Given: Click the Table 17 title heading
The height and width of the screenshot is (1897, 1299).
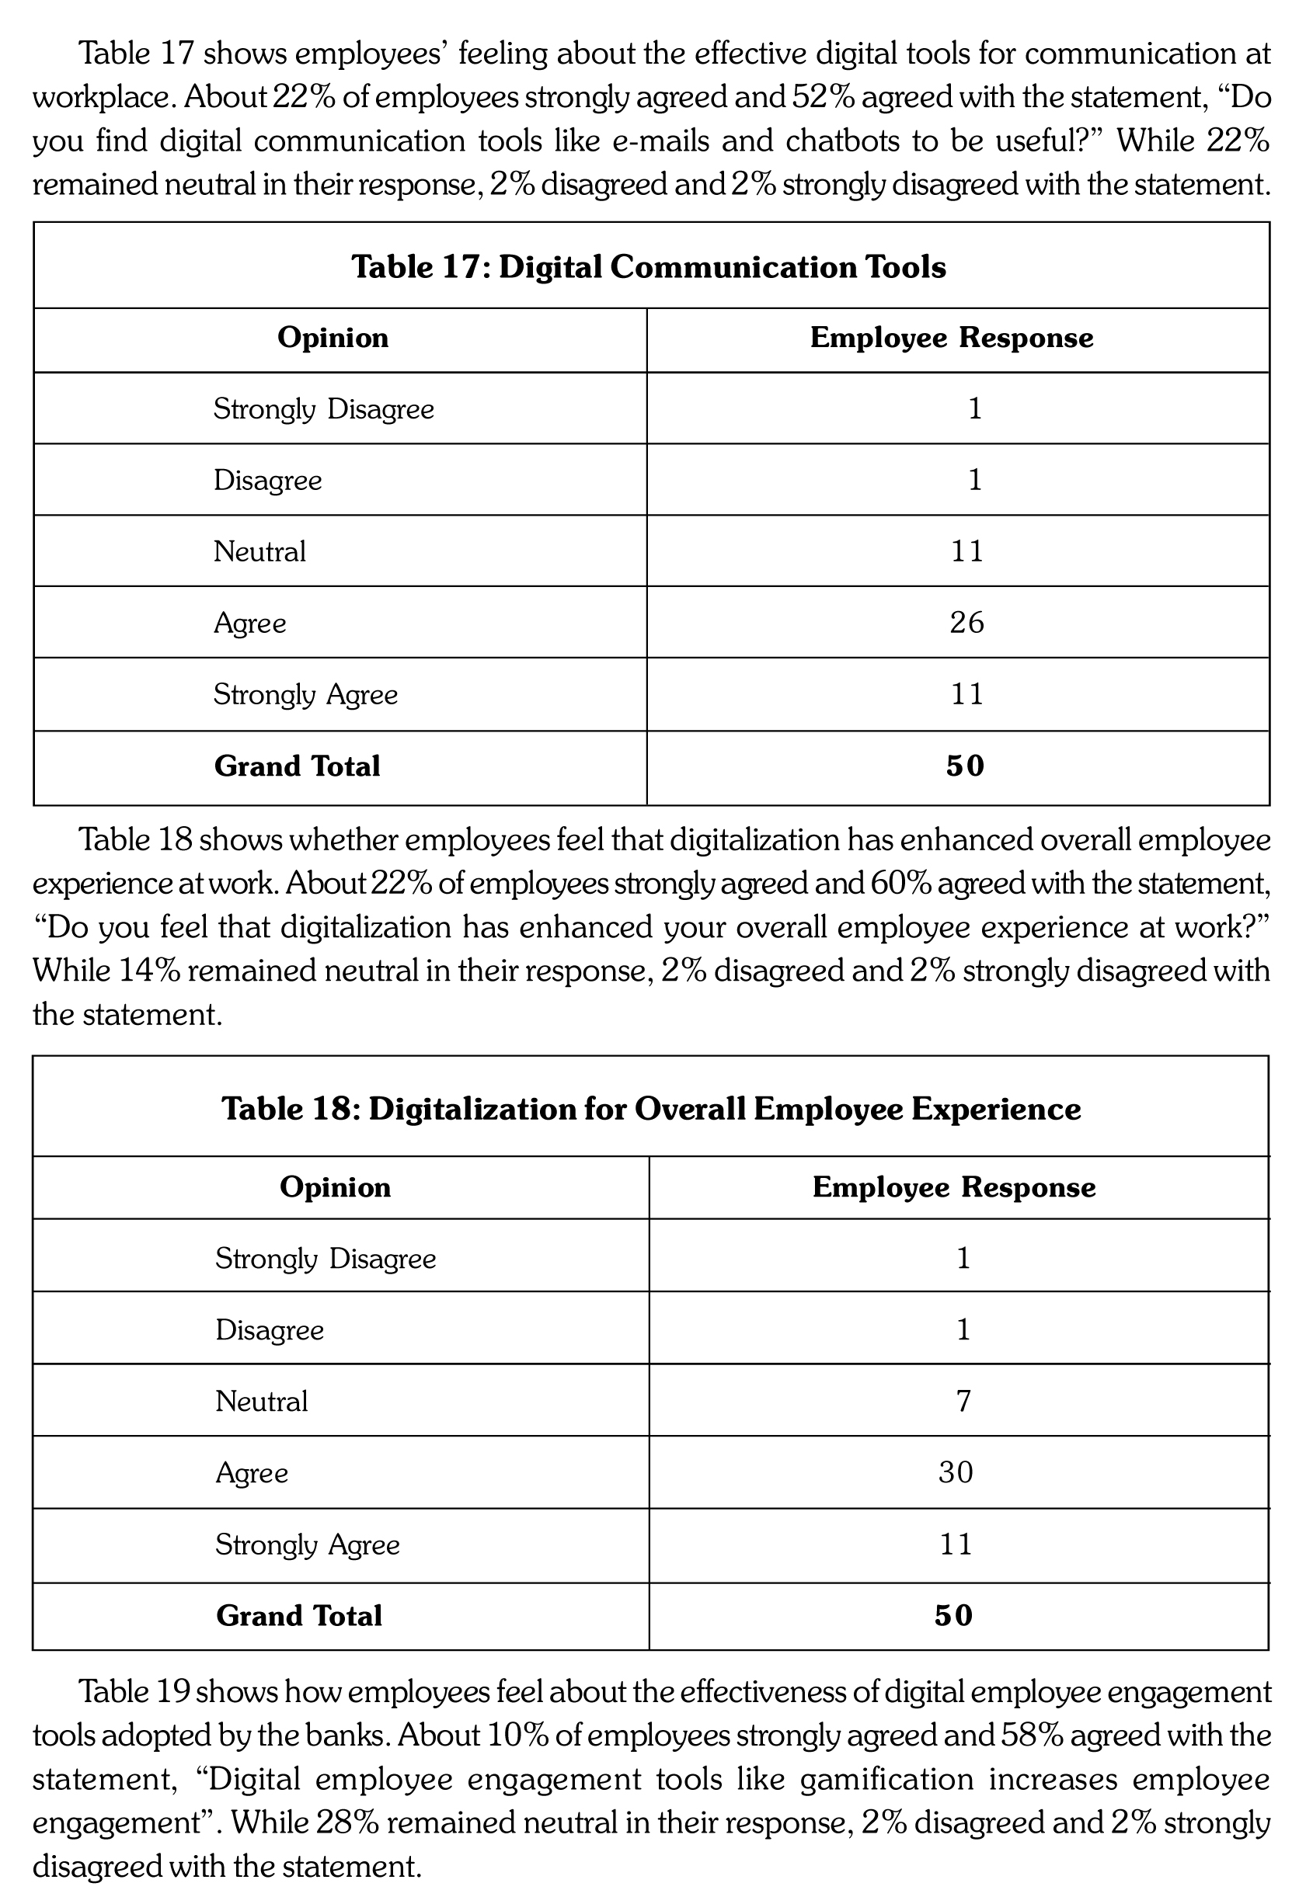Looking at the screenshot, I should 648,267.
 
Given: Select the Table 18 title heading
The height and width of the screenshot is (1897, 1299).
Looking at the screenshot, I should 651,1109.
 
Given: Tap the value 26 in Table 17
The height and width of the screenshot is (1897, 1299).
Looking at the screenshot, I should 966,623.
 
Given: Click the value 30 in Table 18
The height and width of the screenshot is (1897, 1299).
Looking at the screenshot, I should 956,1472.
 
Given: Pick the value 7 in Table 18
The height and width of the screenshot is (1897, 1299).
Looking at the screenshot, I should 963,1402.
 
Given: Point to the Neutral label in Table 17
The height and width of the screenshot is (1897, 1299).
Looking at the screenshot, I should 259,552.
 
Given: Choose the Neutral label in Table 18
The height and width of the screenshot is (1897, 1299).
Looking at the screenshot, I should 261,1402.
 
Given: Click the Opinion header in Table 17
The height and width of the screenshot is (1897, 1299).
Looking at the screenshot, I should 333,338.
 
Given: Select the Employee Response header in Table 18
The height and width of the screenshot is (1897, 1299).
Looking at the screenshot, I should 953,1186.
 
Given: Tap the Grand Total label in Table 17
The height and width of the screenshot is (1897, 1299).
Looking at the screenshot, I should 298,766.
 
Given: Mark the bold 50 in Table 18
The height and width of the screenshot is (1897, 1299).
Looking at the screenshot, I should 953,1615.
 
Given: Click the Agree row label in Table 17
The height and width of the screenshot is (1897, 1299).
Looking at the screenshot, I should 250,624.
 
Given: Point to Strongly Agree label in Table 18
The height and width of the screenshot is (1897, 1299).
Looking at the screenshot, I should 308,1544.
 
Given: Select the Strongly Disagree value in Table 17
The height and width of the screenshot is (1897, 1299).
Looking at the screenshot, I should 974,409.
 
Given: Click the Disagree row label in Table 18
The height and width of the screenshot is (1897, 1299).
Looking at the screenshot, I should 270,1330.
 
